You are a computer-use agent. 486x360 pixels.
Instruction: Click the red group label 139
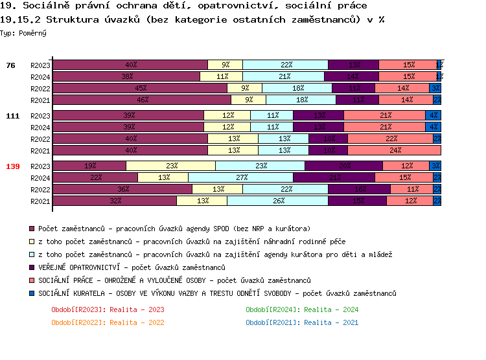13,166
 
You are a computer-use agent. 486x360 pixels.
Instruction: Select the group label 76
10,65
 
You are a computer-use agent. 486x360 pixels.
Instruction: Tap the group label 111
13,116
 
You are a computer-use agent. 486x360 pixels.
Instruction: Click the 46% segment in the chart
142,100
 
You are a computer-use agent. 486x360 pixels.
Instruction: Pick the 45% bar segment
140,88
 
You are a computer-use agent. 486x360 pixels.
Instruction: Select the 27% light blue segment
240,177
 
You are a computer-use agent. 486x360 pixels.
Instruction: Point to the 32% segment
115,201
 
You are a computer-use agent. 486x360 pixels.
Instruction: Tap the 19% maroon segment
89,166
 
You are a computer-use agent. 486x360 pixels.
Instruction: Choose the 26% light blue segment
277,201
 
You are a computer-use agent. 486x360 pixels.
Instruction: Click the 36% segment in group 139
122,189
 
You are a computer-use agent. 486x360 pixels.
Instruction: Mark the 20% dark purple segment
345,166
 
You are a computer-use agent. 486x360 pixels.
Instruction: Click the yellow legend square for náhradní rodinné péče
32,242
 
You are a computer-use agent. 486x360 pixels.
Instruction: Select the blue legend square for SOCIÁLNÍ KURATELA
32,293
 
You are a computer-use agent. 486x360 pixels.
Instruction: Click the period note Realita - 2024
302,309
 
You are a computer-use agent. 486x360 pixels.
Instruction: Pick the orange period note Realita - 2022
108,322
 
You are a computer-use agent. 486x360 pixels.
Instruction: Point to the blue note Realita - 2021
302,322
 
